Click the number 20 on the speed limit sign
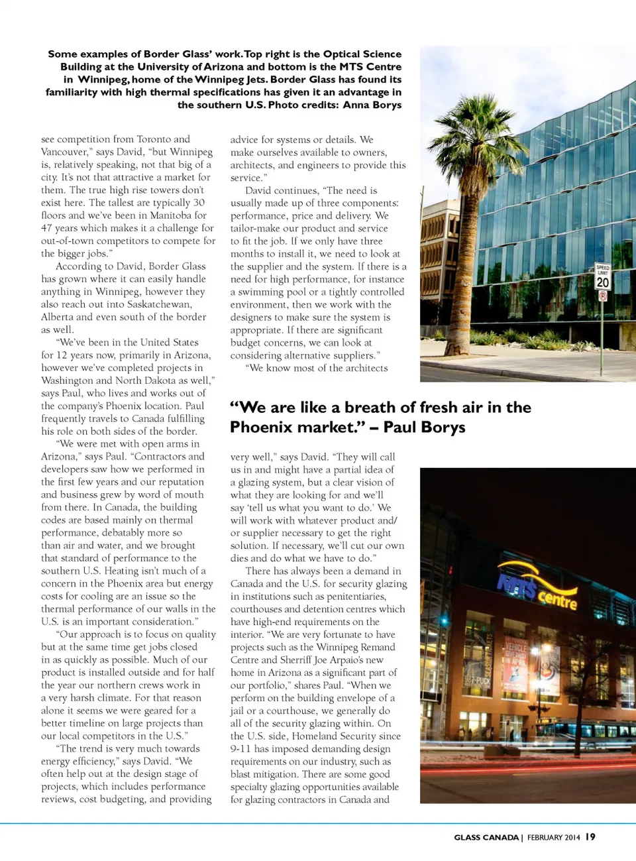(x=602, y=282)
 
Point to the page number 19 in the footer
(x=590, y=837)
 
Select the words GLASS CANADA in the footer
(x=486, y=838)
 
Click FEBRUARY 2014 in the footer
(x=553, y=838)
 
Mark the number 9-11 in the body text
(x=240, y=749)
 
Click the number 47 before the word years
(x=47, y=228)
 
